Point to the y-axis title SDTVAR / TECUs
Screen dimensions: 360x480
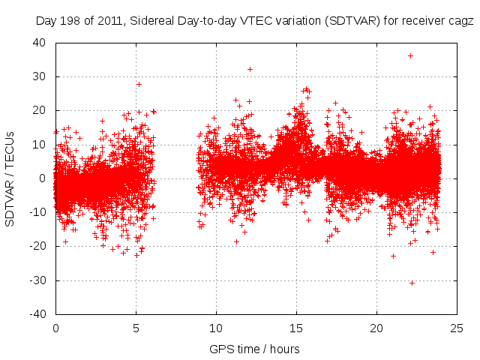coord(10,178)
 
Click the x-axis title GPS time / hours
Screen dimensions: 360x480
coord(256,349)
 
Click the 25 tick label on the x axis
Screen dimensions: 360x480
coord(457,328)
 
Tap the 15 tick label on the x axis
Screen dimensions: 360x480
coord(296,328)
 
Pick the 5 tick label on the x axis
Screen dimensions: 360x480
coord(136,328)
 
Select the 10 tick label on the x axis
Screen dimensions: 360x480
coord(216,328)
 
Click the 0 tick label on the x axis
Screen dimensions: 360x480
coord(55,328)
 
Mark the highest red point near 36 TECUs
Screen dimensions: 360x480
coord(410,55)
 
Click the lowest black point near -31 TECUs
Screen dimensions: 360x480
coord(412,283)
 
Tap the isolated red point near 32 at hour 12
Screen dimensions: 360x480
coord(250,69)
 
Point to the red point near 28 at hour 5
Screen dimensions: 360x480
coord(139,84)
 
